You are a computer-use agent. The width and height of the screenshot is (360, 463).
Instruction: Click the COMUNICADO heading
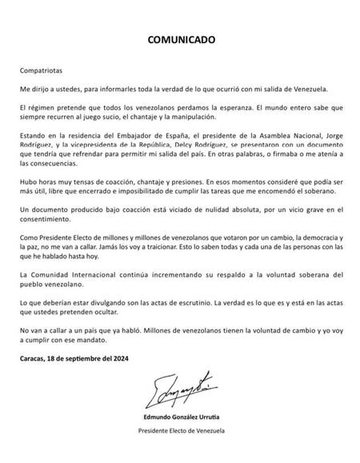[179, 38]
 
